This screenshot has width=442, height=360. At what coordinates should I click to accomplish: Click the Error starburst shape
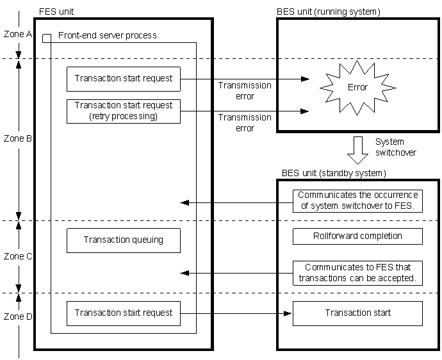[357, 87]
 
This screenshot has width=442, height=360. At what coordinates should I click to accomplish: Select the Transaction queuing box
[124, 240]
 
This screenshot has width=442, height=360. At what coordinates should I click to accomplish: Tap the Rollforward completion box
[357, 236]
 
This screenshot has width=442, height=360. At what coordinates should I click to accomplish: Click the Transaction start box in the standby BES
[357, 313]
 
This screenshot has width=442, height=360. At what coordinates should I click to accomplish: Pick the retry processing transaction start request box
[124, 111]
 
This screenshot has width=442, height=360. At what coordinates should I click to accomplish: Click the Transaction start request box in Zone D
[124, 313]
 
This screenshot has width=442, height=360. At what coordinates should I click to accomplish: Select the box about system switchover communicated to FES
[357, 200]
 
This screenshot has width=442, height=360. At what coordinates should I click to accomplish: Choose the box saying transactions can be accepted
[357, 273]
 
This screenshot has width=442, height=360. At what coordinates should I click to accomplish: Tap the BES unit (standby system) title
[334, 174]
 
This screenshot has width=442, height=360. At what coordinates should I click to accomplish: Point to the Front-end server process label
[107, 35]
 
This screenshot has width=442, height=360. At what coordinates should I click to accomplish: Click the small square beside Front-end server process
[47, 38]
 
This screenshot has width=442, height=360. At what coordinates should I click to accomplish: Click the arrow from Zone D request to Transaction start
[237, 313]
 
